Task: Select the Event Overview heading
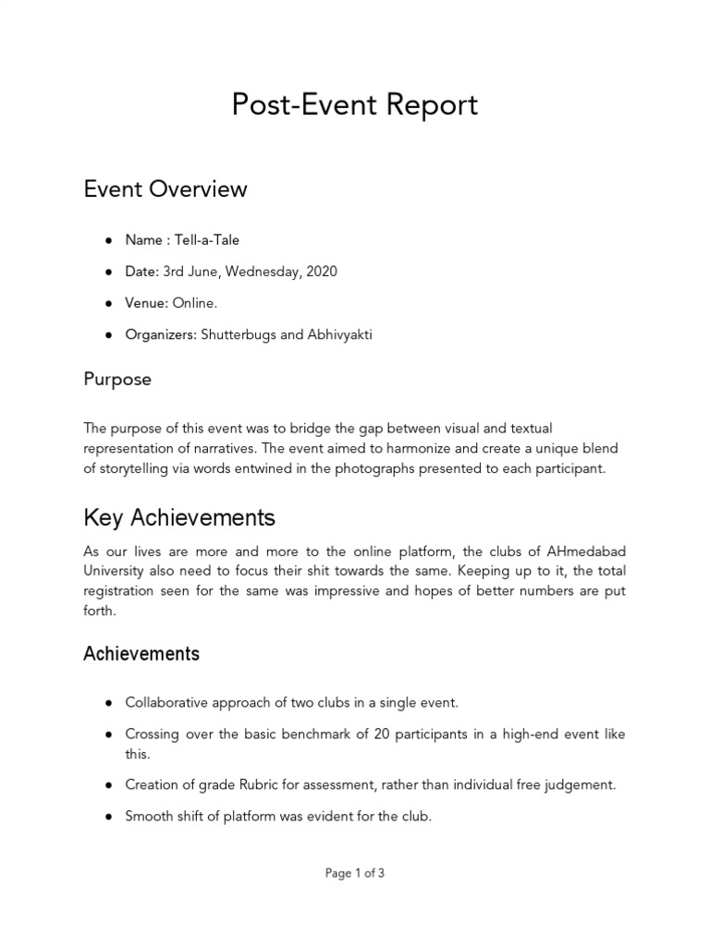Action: click(x=165, y=189)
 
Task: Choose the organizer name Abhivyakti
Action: click(x=340, y=334)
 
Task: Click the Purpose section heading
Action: click(x=117, y=380)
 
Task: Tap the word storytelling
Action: click(x=138, y=468)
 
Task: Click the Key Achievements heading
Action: click(x=179, y=516)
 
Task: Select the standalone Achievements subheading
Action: click(x=141, y=654)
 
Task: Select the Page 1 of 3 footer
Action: click(x=355, y=873)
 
